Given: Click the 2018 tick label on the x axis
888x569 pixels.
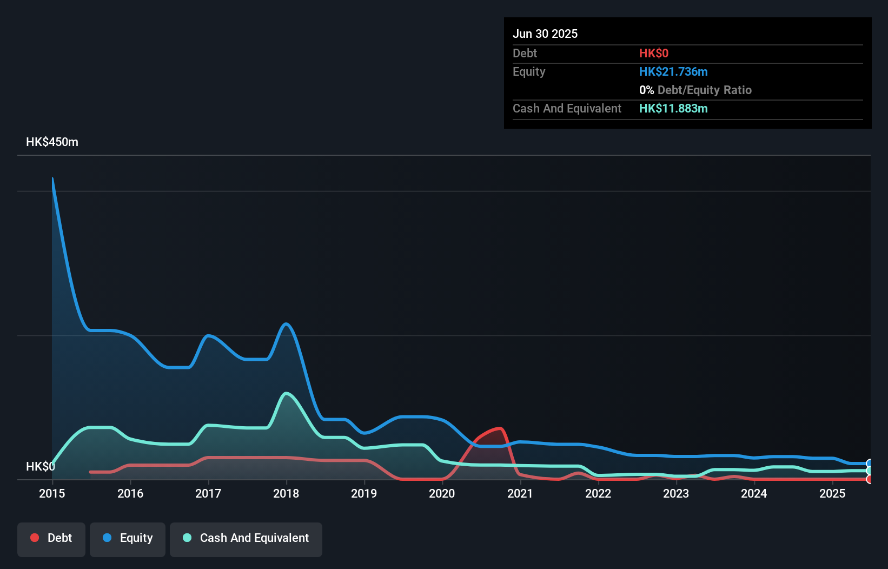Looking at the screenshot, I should click(286, 493).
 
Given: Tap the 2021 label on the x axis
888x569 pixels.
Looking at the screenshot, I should click(520, 493).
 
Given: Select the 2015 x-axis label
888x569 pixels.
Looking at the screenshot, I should click(52, 493).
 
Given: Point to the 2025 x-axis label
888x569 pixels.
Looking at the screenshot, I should click(832, 493).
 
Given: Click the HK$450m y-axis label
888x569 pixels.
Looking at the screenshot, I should click(52, 142).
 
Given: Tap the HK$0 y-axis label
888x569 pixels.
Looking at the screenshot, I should click(40, 466).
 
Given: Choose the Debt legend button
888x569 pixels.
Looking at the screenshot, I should click(51, 538).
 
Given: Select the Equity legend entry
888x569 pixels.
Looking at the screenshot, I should click(128, 538).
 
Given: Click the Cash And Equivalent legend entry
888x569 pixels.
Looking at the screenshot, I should click(246, 538).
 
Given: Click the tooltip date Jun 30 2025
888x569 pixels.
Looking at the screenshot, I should click(545, 34).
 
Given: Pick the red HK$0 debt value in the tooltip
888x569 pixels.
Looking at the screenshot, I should click(653, 53).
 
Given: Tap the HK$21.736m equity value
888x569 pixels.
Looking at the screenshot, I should click(673, 71).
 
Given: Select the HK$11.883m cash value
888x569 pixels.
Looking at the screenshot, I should click(673, 108).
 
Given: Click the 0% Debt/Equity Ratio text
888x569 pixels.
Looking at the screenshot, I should click(695, 90).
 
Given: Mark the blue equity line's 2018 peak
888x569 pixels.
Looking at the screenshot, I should click(286, 324).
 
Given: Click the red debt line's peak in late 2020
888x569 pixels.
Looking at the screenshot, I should click(500, 428).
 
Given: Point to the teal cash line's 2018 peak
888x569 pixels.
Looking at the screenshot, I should click(286, 393).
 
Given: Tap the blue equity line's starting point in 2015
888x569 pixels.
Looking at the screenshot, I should click(52, 178).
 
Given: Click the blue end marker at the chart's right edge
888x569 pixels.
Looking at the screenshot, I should click(869, 464).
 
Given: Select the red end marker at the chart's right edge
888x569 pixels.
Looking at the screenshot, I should click(869, 479).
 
